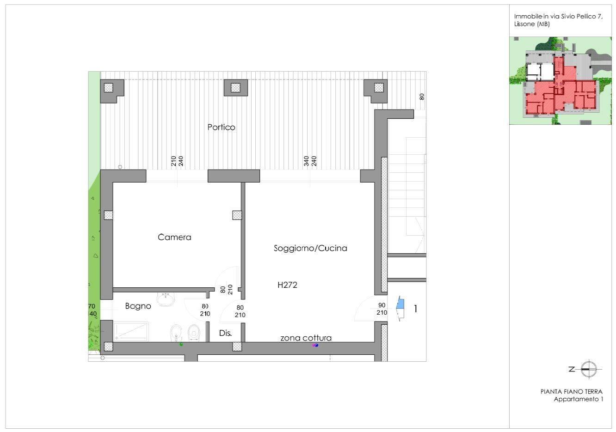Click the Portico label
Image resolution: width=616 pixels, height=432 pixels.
pyautogui.click(x=221, y=127)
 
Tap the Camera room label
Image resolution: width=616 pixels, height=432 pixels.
pyautogui.click(x=174, y=237)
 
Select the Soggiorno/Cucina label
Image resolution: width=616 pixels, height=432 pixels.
pyautogui.click(x=310, y=248)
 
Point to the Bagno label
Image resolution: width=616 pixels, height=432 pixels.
pyautogui.click(x=138, y=306)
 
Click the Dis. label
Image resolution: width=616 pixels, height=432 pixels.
pyautogui.click(x=225, y=333)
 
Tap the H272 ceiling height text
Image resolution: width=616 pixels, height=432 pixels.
pyautogui.click(x=287, y=285)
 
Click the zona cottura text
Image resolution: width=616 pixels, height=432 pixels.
pyautogui.click(x=306, y=338)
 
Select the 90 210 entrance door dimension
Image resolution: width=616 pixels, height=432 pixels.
pyautogui.click(x=382, y=309)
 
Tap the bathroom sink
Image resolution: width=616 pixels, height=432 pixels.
pyautogui.click(x=166, y=299)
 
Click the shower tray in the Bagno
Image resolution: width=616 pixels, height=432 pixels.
pyautogui.click(x=131, y=331)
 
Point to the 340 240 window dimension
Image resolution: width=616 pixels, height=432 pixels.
pyautogui.click(x=310, y=161)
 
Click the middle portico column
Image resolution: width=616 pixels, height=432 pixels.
pyautogui.click(x=236, y=88)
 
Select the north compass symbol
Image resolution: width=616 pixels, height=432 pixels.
pyautogui.click(x=589, y=369)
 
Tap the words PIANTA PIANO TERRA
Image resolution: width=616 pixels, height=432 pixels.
pyautogui.click(x=572, y=392)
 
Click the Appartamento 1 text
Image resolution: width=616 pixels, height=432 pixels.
pyautogui.click(x=579, y=399)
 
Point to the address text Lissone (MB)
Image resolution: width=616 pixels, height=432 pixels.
pyautogui.click(x=532, y=24)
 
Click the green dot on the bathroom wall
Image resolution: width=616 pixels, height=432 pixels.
pyautogui.click(x=181, y=344)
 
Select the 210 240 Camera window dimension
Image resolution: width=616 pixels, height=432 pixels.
pyautogui.click(x=177, y=161)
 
